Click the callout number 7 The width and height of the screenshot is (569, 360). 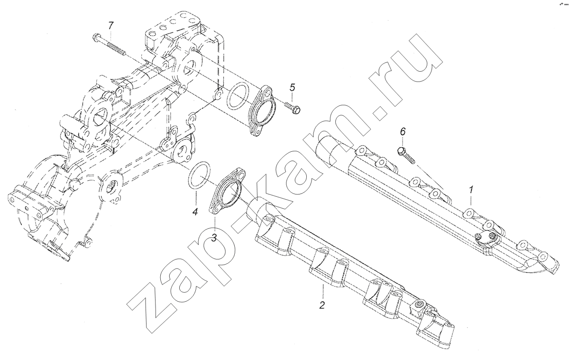[110, 26]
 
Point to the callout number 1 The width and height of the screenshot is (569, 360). [471, 190]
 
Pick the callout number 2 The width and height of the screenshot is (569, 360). [322, 305]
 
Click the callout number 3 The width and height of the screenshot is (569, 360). [214, 238]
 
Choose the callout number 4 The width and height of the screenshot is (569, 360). [195, 212]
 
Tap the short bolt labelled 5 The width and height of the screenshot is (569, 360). [293, 108]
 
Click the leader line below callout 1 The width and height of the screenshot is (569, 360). [471, 200]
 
